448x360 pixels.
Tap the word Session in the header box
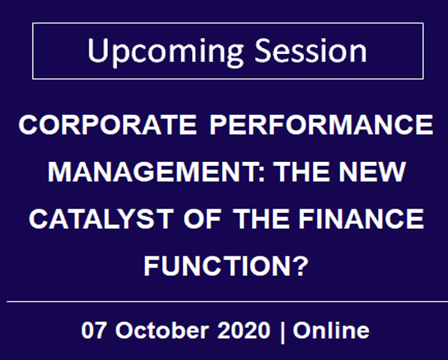[311, 50]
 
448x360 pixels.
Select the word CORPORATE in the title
[108, 124]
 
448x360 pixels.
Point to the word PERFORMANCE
[321, 124]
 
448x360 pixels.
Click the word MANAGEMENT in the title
[153, 172]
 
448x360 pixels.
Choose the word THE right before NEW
[302, 172]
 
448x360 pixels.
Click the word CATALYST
[101, 219]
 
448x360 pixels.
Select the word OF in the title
[203, 219]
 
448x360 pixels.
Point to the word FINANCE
[361, 219]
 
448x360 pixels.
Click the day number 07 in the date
[92, 330]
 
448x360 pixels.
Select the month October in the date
[161, 330]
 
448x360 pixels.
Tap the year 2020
[244, 330]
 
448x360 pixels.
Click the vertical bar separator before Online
[282, 331]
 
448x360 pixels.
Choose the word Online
[331, 330]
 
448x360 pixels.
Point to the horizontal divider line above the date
[227, 301]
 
